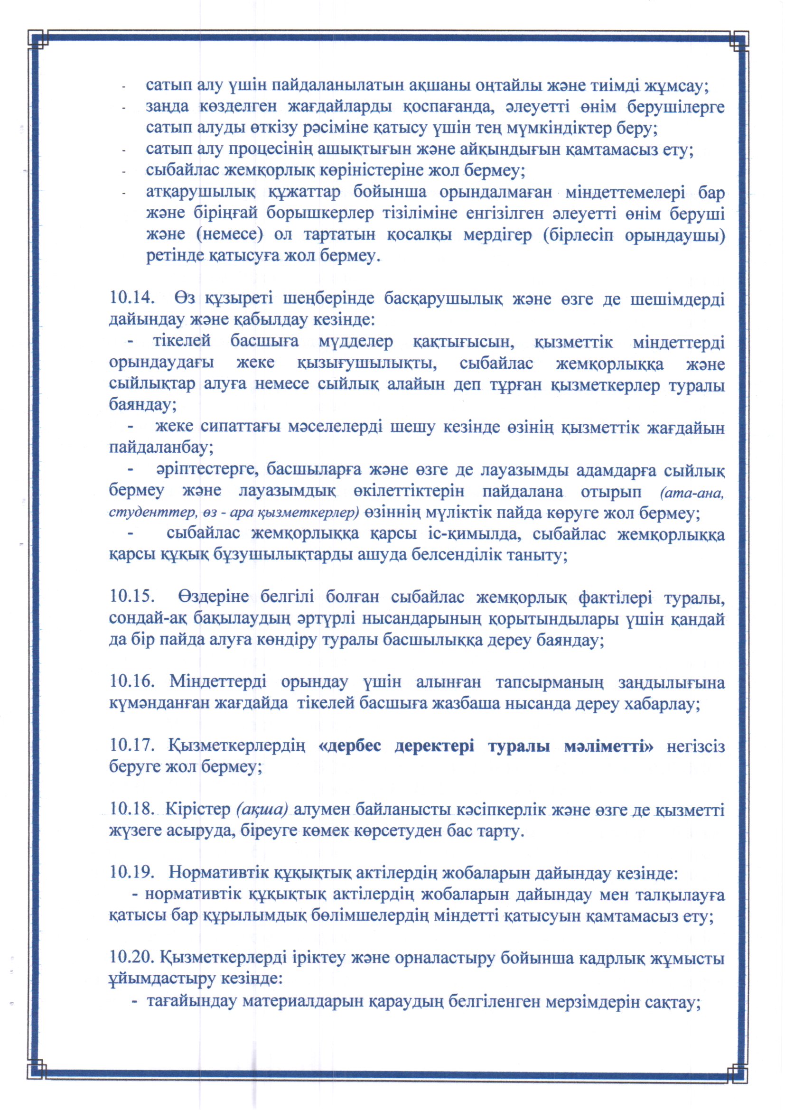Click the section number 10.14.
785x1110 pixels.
132,298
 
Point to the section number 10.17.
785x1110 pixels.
132,746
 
